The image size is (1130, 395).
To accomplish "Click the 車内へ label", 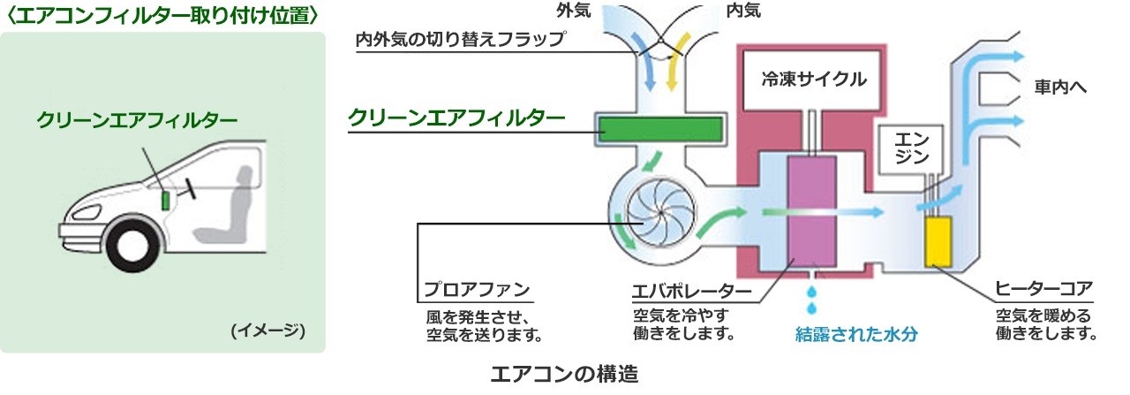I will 1063,89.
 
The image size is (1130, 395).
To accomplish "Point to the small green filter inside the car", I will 165,199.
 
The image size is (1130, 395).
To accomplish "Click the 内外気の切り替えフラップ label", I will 459,40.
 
